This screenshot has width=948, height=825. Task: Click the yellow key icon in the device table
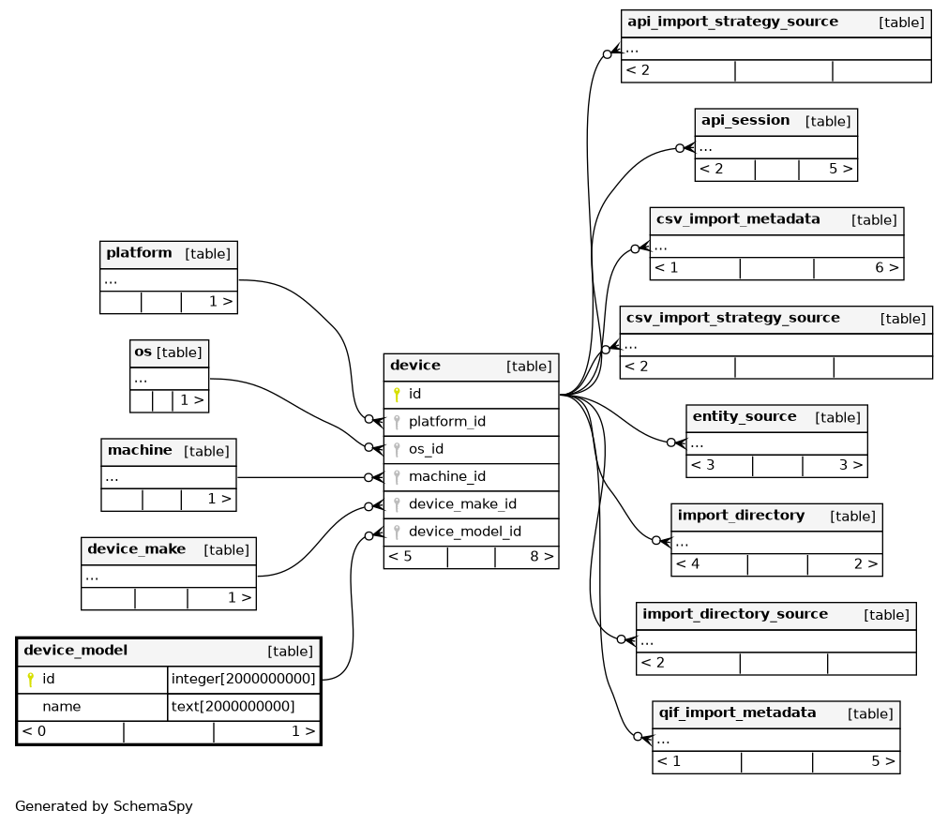tap(397, 395)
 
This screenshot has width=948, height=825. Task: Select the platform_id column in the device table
tap(446, 421)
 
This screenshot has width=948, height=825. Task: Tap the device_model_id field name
tap(465, 532)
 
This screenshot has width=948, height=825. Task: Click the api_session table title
tap(745, 120)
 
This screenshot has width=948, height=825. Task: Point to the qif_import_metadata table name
tap(737, 712)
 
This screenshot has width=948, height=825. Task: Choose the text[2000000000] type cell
tap(233, 706)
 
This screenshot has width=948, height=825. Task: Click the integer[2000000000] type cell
tap(243, 679)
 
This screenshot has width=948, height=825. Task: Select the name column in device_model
tap(61, 706)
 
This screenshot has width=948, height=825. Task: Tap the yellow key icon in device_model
tap(30, 680)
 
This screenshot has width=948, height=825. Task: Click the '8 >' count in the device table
tap(542, 556)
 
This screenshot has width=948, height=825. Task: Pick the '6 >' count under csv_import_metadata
tap(887, 267)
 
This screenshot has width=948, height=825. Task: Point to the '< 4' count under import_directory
tap(687, 563)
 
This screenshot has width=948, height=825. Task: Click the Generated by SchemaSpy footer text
tap(104, 806)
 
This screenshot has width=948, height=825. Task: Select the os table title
tap(143, 352)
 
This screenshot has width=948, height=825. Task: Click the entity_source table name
tap(745, 416)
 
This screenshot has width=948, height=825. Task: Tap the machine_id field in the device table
tap(446, 476)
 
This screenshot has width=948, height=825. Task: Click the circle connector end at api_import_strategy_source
tap(607, 54)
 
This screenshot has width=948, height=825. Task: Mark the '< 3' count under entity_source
tap(702, 465)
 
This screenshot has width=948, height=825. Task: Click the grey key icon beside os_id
tap(397, 449)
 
